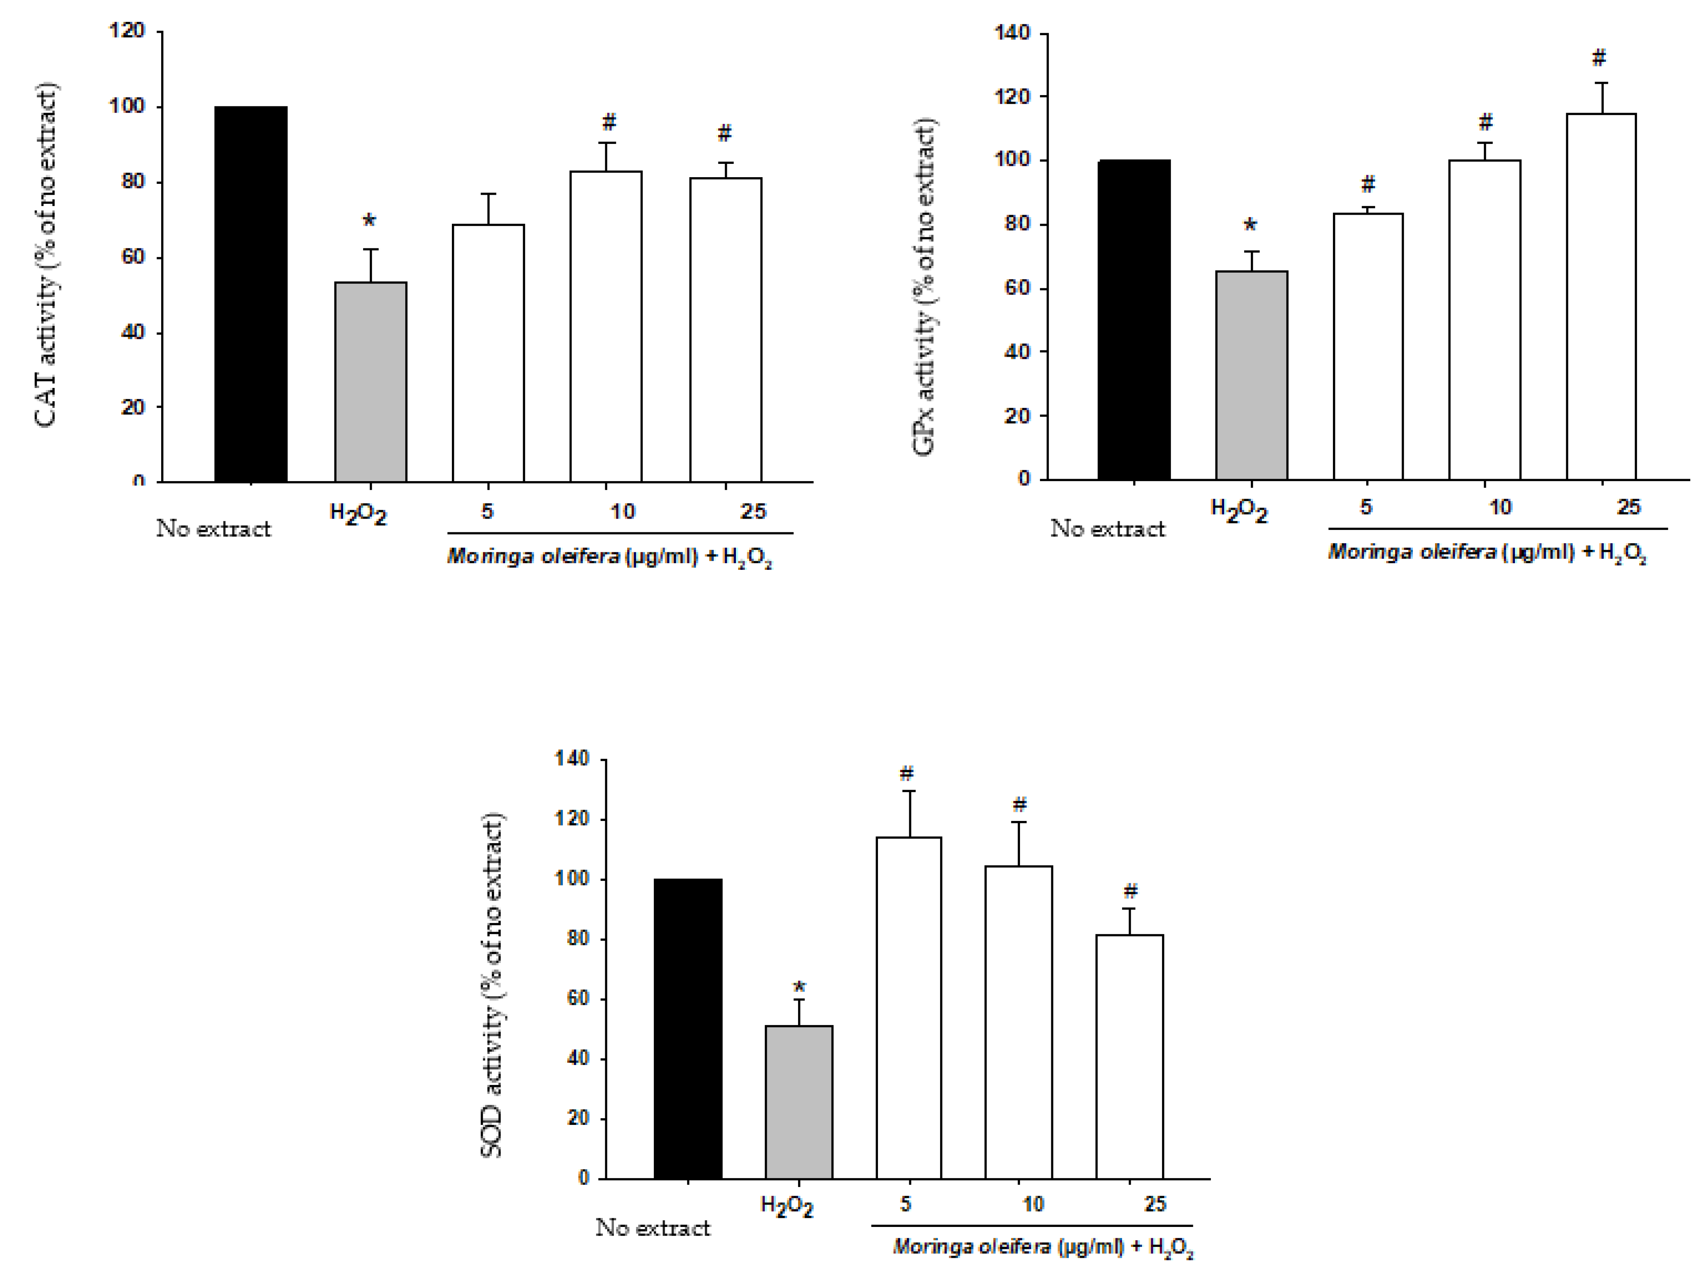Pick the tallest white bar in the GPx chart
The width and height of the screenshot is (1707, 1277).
pyautogui.click(x=1601, y=297)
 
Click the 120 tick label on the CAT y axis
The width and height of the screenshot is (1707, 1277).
pyautogui.click(x=127, y=31)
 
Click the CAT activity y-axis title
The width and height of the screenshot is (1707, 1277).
pyautogui.click(x=46, y=255)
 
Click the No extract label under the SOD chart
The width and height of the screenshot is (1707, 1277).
pyautogui.click(x=653, y=1228)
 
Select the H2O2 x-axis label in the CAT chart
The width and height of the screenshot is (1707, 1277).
pyautogui.click(x=358, y=514)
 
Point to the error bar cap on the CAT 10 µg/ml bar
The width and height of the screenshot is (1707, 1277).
pyautogui.click(x=606, y=143)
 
